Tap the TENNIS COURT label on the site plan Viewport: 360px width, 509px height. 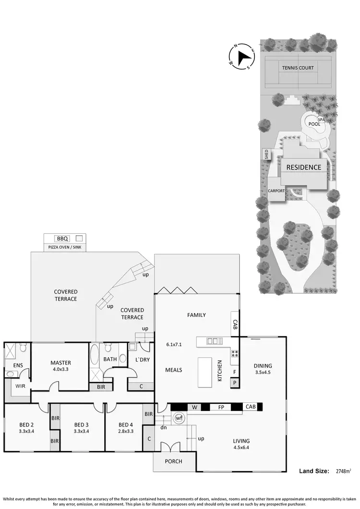298,68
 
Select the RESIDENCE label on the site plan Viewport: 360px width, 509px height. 304,168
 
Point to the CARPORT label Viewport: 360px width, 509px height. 276,191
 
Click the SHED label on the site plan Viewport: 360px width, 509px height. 266,154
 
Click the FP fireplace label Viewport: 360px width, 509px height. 221,407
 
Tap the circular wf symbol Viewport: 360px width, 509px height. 178,419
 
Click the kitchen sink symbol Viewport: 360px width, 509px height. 212,341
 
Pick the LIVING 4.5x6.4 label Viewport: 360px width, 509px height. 241,444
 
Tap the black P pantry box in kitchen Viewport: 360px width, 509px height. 235,383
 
